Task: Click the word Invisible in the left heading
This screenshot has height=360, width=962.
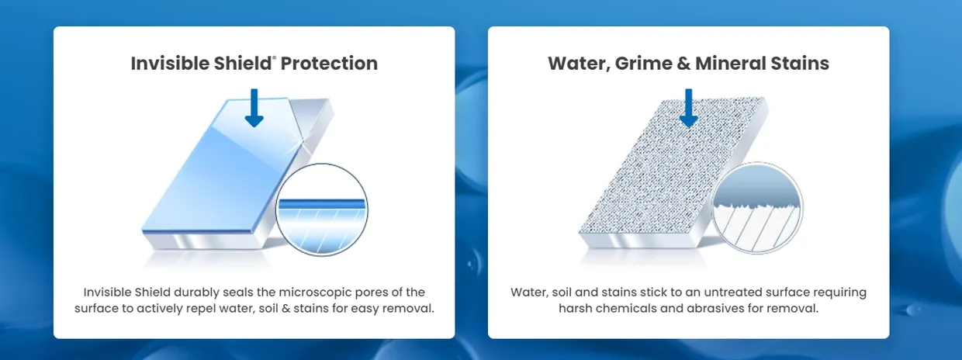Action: (170, 63)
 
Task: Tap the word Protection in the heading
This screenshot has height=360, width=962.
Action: (330, 64)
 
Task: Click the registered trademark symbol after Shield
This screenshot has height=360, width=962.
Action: (274, 57)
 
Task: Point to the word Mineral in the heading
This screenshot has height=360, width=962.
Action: (731, 63)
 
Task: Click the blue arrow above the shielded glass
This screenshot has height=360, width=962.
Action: (254, 108)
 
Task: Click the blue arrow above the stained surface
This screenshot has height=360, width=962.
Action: (689, 108)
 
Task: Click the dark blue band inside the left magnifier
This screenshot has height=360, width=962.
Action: (322, 203)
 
